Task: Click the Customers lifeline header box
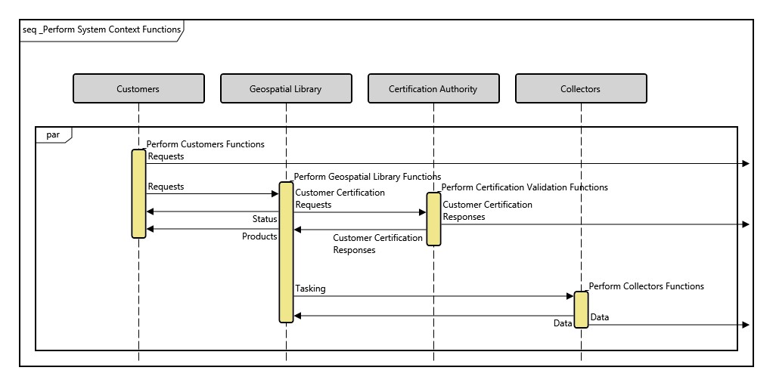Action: point(138,88)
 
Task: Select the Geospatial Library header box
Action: point(286,88)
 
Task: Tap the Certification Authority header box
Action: point(433,88)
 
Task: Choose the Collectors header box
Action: point(581,88)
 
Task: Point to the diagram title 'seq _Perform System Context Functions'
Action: point(102,30)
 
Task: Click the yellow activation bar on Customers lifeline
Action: point(138,193)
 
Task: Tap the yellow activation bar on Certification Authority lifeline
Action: point(433,218)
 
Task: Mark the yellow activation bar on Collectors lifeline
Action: point(581,309)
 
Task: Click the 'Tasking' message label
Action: point(311,289)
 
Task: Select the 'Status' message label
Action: point(265,219)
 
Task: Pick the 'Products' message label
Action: point(259,236)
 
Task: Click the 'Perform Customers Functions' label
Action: point(206,144)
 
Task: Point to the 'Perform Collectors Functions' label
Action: point(647,286)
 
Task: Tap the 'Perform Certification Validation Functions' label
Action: point(525,187)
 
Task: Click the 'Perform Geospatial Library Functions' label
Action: point(368,176)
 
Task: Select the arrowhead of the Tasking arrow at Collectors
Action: point(570,296)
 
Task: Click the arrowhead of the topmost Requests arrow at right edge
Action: point(746,163)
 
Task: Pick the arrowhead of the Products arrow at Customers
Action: point(150,229)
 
